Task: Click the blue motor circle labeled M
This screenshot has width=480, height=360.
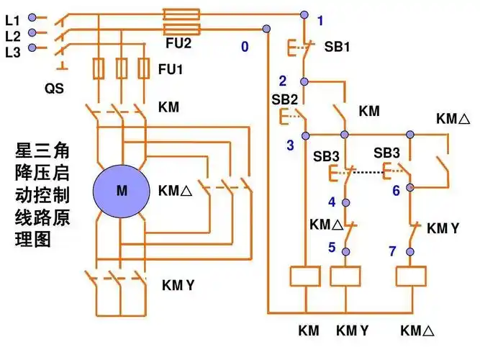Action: (121, 191)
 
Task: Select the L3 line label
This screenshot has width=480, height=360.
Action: (12, 52)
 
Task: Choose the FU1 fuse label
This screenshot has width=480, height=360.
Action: (170, 70)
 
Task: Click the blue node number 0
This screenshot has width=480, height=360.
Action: (245, 47)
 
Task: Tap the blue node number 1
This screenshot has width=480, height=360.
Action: (320, 21)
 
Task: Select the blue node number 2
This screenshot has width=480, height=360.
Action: (283, 81)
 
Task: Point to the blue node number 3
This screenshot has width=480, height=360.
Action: (290, 145)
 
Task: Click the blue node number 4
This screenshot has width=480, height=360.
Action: (332, 201)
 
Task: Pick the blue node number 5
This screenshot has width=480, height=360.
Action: (332, 248)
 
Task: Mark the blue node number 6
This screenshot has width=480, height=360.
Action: (396, 191)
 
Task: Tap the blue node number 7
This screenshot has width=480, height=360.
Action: (392, 251)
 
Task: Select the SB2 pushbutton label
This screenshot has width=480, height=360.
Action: (285, 98)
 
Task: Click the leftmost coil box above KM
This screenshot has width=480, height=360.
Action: (304, 277)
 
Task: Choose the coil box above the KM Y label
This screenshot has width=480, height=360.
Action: (345, 277)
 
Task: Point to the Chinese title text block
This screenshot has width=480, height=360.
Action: (44, 195)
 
